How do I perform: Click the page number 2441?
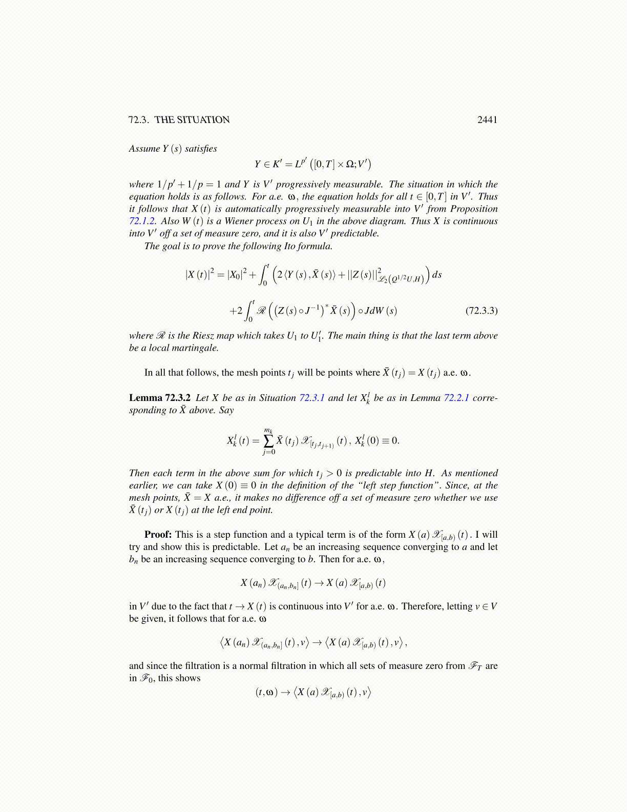click(x=487, y=120)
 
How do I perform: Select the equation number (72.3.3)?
click(x=481, y=311)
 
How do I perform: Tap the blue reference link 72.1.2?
click(x=141, y=221)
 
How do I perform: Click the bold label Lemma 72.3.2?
click(x=160, y=398)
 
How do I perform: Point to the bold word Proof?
click(x=158, y=535)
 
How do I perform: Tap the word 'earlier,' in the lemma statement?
click(x=143, y=486)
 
